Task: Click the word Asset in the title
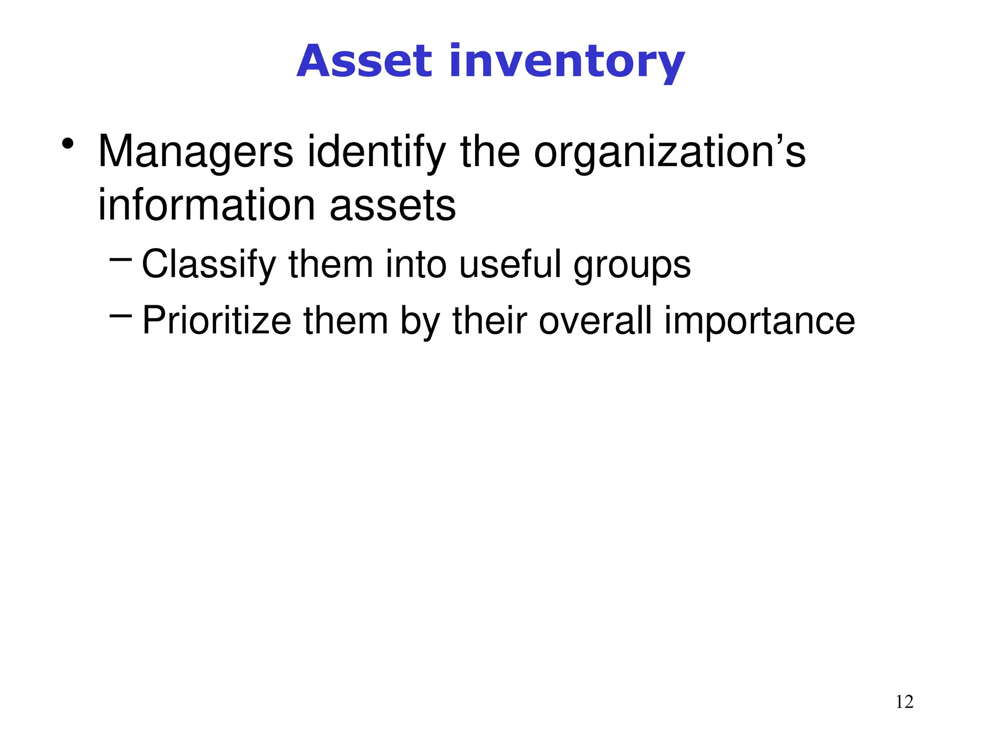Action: click(x=364, y=62)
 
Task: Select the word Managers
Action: click(x=196, y=152)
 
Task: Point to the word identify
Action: click(x=376, y=152)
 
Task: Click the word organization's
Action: click(x=669, y=152)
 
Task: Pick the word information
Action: click(x=207, y=206)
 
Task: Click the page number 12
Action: click(x=904, y=702)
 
